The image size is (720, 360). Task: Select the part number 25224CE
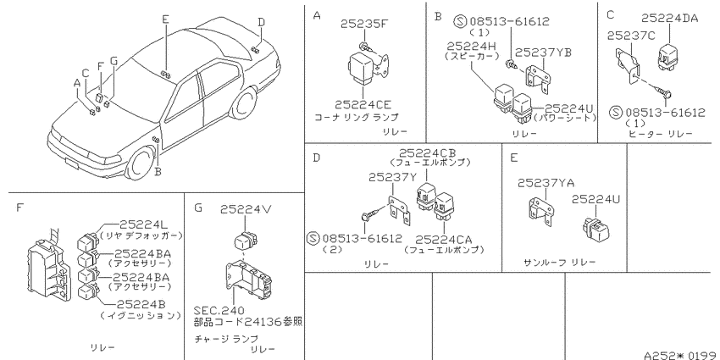pyautogui.click(x=363, y=105)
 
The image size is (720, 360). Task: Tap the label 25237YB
pyautogui.click(x=543, y=53)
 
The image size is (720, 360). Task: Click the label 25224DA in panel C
pyautogui.click(x=669, y=19)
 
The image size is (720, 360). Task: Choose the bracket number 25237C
pyautogui.click(x=632, y=36)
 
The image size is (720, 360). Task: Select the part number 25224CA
pyautogui.click(x=444, y=239)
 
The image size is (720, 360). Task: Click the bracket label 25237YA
pyautogui.click(x=546, y=183)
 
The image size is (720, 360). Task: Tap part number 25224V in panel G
pyautogui.click(x=246, y=209)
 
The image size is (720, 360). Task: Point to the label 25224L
pyautogui.click(x=145, y=224)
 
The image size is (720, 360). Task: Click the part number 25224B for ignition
pyautogui.click(x=141, y=304)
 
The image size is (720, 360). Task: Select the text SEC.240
pyautogui.click(x=219, y=310)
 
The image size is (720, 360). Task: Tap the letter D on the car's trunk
pyautogui.click(x=261, y=21)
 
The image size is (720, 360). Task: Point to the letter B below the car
pyautogui.click(x=158, y=172)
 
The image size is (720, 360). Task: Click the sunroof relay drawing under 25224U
pyautogui.click(x=597, y=229)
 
